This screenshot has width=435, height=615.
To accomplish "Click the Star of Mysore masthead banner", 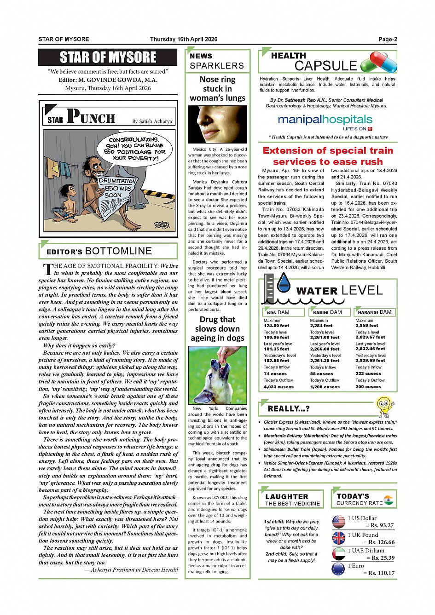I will [x=108, y=57].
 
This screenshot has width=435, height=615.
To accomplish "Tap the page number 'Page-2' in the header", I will [x=388, y=39].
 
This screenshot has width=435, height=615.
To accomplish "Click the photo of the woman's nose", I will [x=217, y=124].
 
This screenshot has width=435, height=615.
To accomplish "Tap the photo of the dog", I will [x=217, y=375].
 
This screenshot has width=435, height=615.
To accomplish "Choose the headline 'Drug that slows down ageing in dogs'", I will [x=217, y=329].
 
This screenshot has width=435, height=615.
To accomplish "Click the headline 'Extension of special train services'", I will [x=328, y=156].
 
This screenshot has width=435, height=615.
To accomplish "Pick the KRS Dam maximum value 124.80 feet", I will [x=276, y=326].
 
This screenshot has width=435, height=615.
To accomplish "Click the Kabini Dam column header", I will [x=330, y=312].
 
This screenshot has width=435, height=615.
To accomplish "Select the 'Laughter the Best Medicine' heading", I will [x=292, y=500].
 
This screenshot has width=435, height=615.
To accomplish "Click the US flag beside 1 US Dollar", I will [x=338, y=522].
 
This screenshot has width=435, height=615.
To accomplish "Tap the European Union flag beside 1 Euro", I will [x=338, y=569].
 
